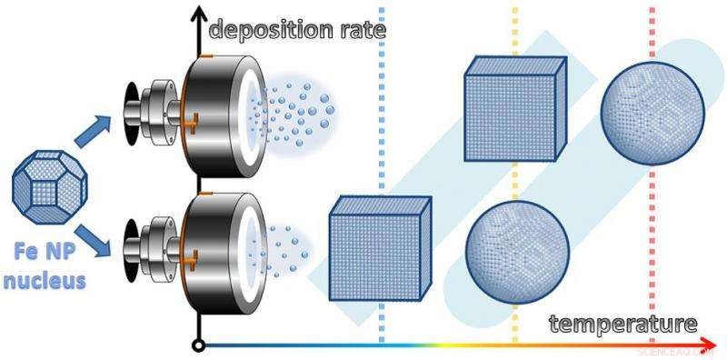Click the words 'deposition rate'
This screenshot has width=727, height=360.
click(x=298, y=29)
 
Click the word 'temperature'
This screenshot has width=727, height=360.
click(x=622, y=324)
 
